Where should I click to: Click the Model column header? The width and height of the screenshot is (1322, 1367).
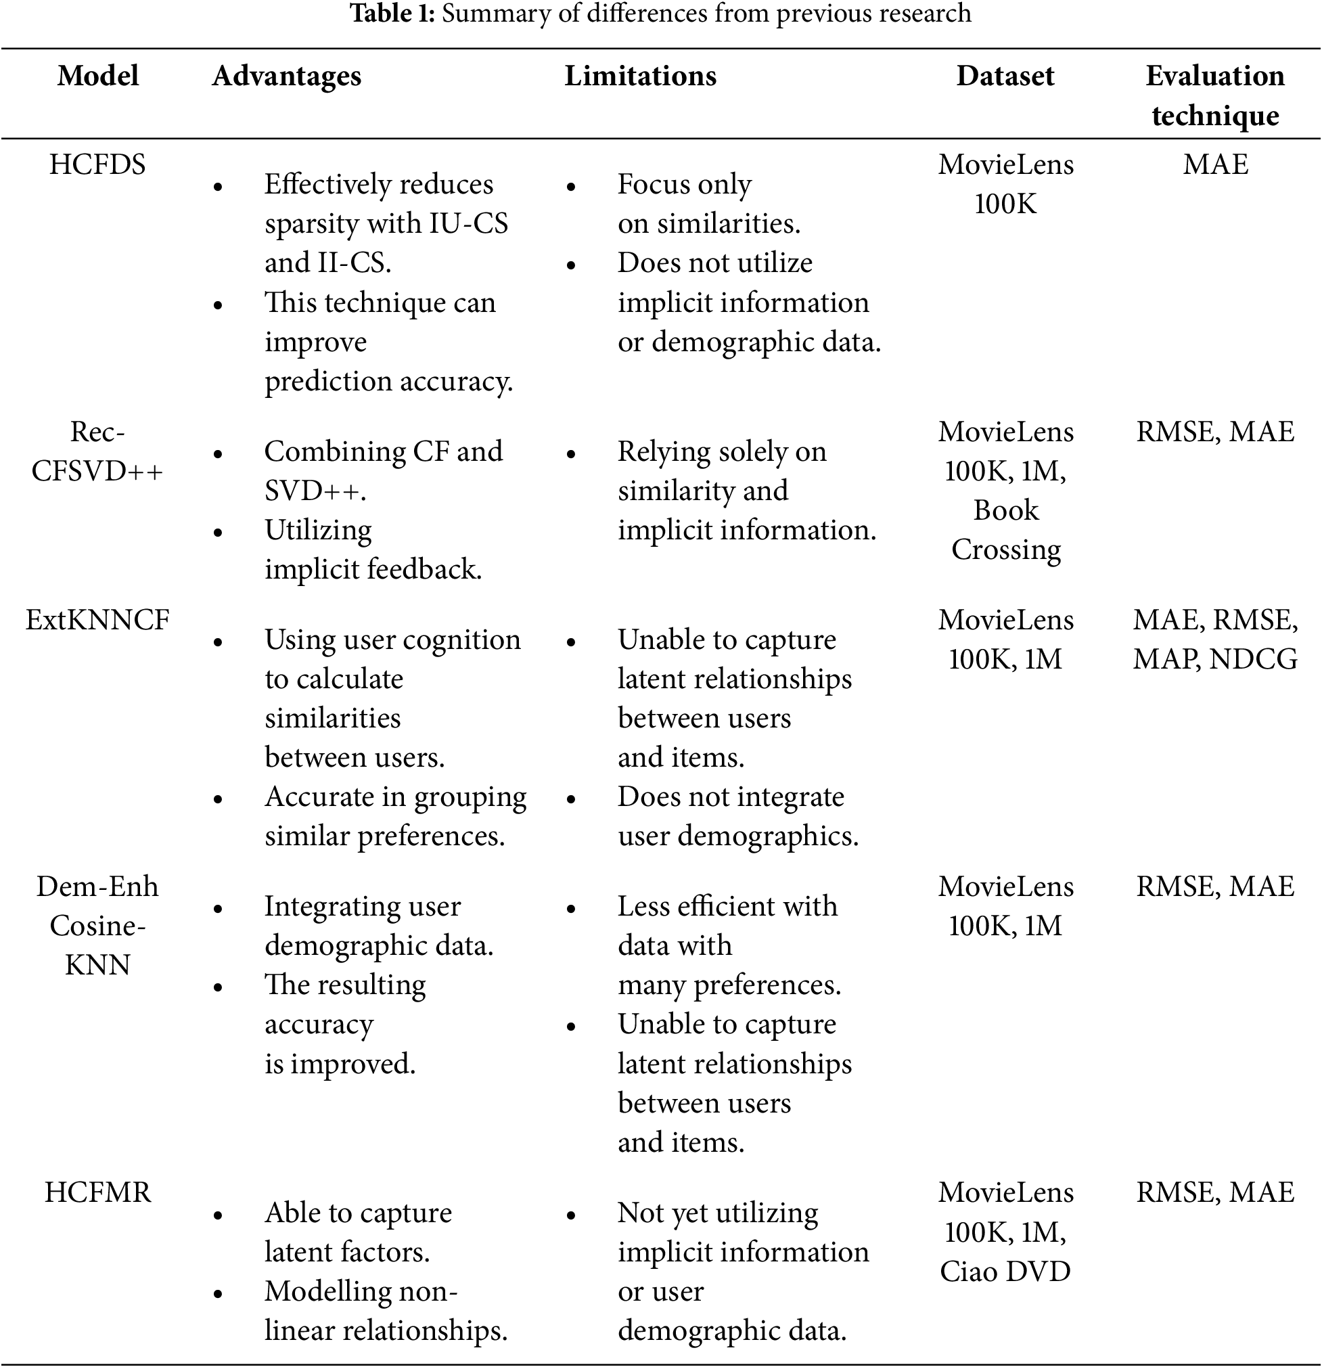pyautogui.click(x=97, y=76)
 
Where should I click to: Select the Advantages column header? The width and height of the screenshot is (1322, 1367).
pyautogui.click(x=287, y=76)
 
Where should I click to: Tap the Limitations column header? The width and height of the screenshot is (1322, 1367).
pyautogui.click(x=640, y=76)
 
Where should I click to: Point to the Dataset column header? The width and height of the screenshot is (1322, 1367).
pyautogui.click(x=1005, y=76)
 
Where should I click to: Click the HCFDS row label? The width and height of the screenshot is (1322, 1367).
pyautogui.click(x=97, y=164)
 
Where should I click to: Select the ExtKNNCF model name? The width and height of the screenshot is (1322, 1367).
pyautogui.click(x=97, y=619)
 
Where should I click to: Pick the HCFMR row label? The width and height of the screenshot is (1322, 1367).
pyautogui.click(x=97, y=1192)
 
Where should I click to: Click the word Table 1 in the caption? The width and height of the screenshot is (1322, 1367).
pyautogui.click(x=392, y=14)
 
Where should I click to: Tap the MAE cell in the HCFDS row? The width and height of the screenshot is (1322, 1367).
pyautogui.click(x=1214, y=164)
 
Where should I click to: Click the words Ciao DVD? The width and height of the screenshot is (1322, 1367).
pyautogui.click(x=1005, y=1271)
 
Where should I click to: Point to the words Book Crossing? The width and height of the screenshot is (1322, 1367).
pyautogui.click(x=1005, y=530)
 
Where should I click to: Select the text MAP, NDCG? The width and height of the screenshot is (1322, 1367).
pyautogui.click(x=1214, y=659)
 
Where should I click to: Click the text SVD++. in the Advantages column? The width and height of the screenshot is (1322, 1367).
pyautogui.click(x=315, y=491)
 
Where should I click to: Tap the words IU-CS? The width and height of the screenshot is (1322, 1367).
pyautogui.click(x=468, y=224)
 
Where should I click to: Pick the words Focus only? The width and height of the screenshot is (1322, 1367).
pyautogui.click(x=684, y=185)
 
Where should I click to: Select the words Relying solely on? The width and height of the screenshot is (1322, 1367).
pyautogui.click(x=722, y=452)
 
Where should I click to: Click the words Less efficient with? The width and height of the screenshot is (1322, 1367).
pyautogui.click(x=727, y=906)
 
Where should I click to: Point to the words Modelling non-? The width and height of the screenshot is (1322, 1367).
pyautogui.click(x=361, y=1291)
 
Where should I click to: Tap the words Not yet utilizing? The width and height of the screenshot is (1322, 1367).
pyautogui.click(x=717, y=1213)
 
